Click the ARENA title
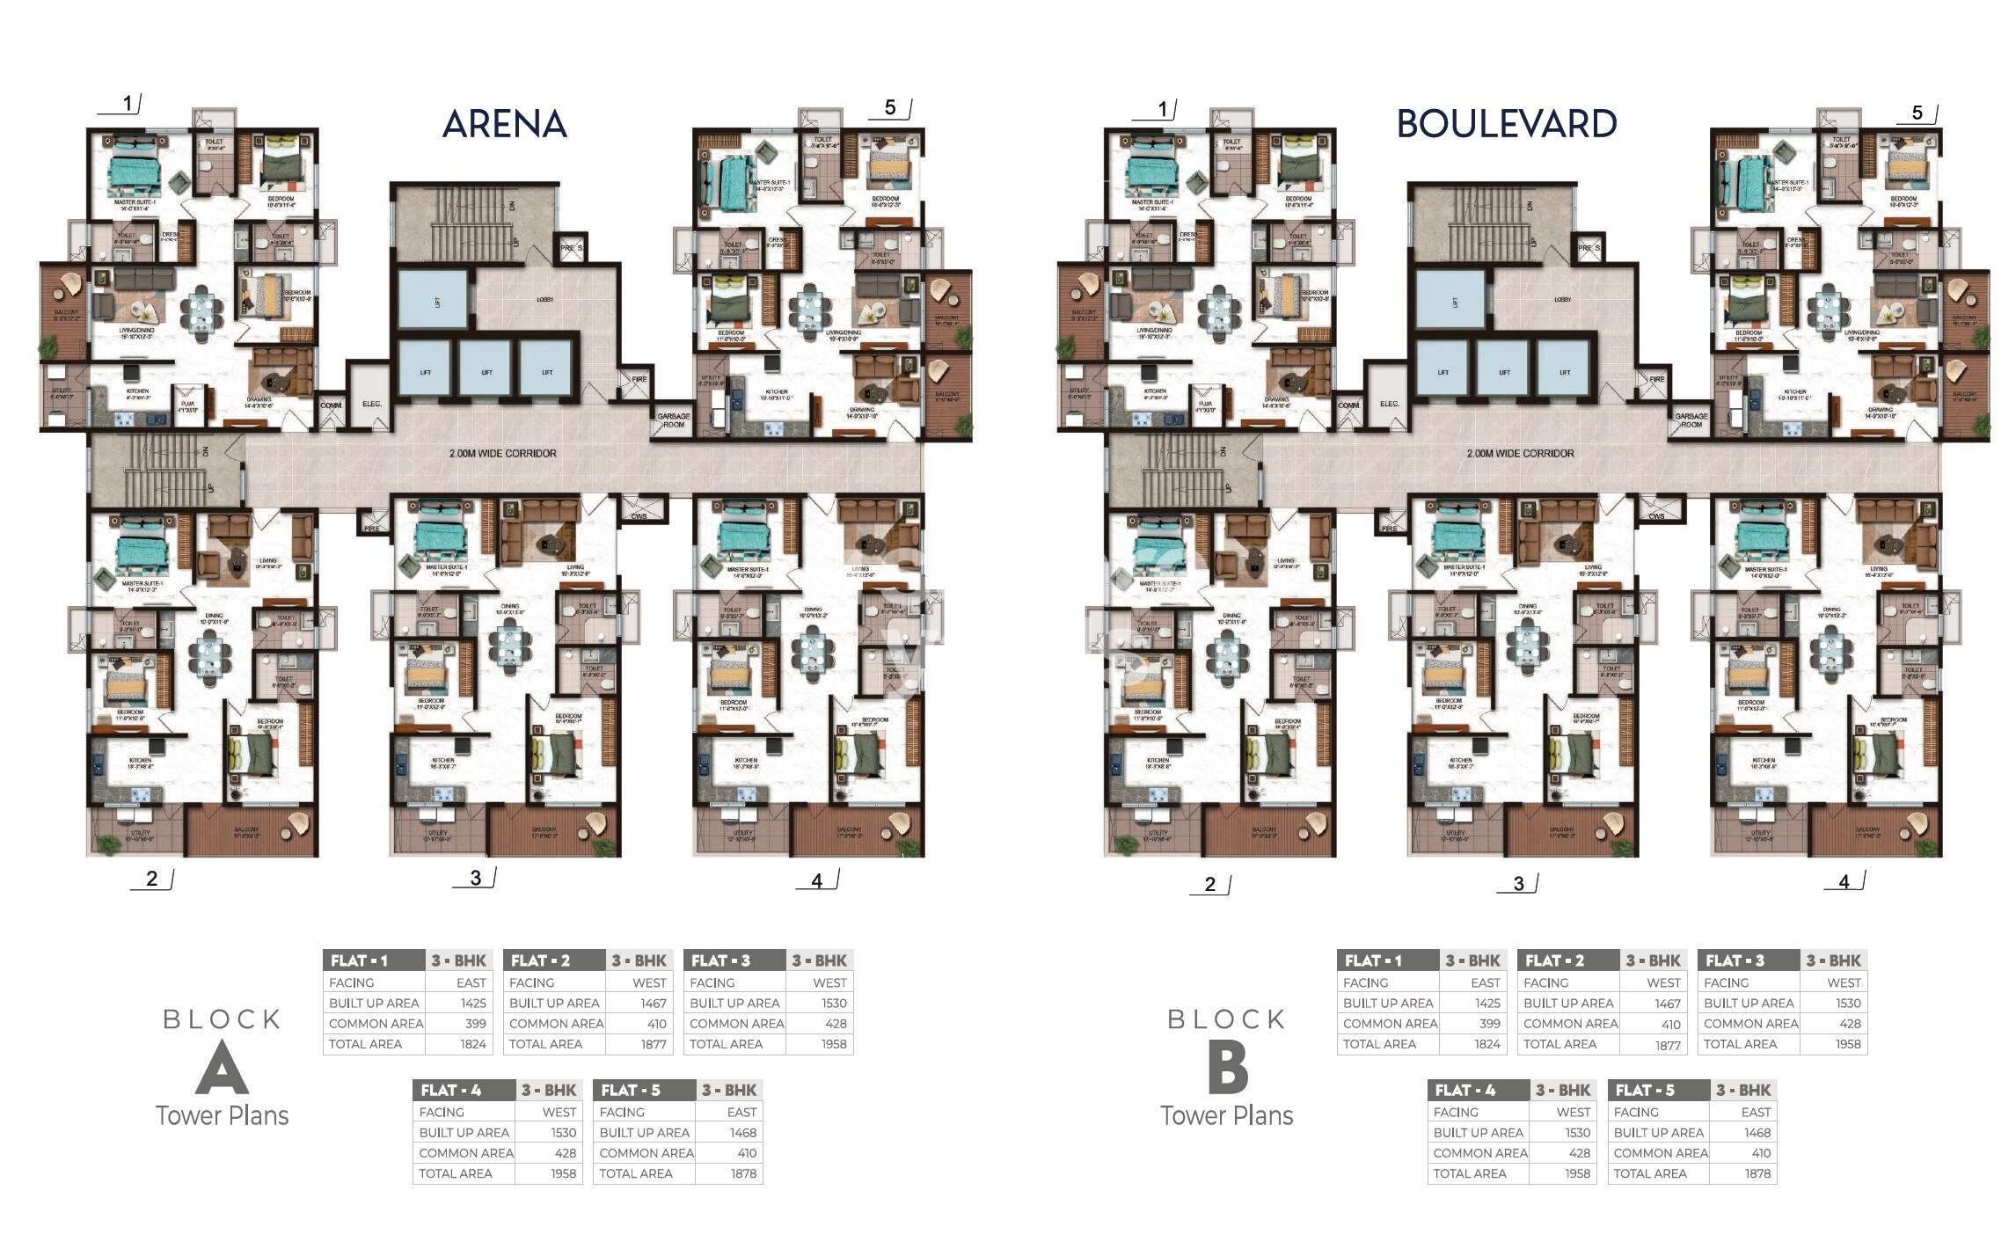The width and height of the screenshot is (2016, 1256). click(504, 124)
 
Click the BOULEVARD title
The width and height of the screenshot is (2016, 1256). click(1506, 124)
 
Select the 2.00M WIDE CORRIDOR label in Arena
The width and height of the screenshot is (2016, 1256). click(502, 454)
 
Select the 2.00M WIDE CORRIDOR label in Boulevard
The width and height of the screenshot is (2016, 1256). click(1520, 454)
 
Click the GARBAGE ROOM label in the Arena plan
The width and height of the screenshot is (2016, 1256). click(674, 420)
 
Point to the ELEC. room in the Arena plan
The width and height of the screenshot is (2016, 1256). click(371, 404)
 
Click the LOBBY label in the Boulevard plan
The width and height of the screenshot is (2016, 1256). click(1562, 300)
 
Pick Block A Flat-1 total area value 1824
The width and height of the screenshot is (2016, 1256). click(473, 1044)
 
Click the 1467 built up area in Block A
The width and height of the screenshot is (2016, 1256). click(653, 1004)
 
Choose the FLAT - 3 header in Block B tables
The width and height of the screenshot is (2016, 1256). click(1734, 960)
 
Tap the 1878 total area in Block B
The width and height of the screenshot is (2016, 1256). click(1757, 1173)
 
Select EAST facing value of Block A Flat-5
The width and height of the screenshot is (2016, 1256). click(741, 1113)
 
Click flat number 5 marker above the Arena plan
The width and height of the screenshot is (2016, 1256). click(890, 107)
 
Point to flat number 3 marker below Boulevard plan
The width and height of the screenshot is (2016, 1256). click(1518, 884)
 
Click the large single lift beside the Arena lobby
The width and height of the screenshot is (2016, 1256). click(433, 302)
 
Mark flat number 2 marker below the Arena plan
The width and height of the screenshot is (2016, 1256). click(152, 879)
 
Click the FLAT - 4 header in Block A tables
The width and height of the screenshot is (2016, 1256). click(451, 1091)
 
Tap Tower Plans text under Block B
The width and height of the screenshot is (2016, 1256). click(1226, 1116)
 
